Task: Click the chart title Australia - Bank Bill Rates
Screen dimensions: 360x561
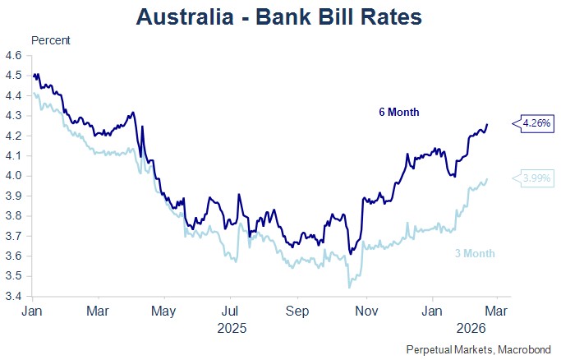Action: [x=280, y=16]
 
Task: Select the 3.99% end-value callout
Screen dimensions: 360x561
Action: [x=535, y=178]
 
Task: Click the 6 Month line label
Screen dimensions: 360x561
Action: [x=398, y=112]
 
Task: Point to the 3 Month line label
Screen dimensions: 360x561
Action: [x=476, y=253]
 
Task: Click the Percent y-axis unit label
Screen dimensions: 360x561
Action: [x=50, y=40]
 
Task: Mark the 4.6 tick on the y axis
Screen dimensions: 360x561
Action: [x=14, y=56]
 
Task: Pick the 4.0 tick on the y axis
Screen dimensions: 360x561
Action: [x=14, y=176]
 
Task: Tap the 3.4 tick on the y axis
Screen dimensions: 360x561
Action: [x=14, y=297]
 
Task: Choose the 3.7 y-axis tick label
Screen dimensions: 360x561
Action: [x=14, y=237]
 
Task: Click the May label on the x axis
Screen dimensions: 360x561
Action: [x=164, y=312]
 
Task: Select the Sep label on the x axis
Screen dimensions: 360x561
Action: [x=298, y=312]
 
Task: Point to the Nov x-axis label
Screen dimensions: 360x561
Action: [x=366, y=312]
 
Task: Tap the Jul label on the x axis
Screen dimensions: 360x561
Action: [x=231, y=312]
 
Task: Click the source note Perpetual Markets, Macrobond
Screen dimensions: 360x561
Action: [x=479, y=349]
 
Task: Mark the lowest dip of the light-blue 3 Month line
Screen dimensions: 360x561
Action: [x=349, y=287]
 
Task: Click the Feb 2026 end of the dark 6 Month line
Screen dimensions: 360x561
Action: [x=487, y=124]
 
